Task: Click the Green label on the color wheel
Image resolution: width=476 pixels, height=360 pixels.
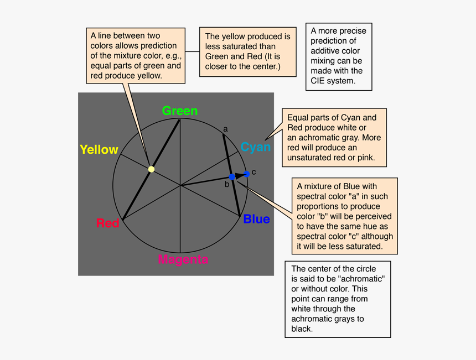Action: click(x=179, y=111)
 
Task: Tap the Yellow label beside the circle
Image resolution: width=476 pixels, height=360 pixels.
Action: click(x=99, y=149)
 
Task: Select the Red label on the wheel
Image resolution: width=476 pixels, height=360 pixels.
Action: click(x=108, y=223)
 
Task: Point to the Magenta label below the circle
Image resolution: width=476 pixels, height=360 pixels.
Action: click(x=183, y=259)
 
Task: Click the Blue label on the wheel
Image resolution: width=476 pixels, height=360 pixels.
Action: click(x=256, y=219)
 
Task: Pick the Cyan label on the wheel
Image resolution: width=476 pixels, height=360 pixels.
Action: click(x=256, y=147)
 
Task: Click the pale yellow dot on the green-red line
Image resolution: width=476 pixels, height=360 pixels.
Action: click(x=151, y=169)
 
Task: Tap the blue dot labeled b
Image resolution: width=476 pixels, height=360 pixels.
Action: click(x=232, y=177)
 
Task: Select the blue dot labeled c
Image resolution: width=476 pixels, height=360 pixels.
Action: click(x=247, y=174)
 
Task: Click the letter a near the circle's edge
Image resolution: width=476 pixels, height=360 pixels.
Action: click(x=225, y=129)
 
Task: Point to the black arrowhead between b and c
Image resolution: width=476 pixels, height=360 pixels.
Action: click(x=240, y=175)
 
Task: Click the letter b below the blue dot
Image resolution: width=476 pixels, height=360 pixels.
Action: click(x=226, y=185)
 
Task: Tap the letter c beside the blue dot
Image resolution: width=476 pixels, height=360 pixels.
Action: click(x=254, y=172)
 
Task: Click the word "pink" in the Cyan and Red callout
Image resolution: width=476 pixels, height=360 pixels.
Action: click(x=365, y=158)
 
